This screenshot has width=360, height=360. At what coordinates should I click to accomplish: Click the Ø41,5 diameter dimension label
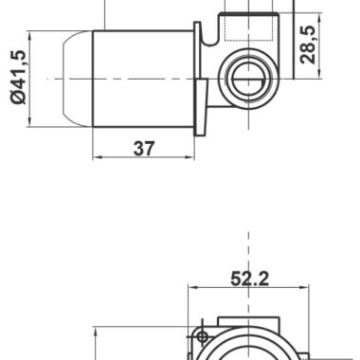pos(18,77)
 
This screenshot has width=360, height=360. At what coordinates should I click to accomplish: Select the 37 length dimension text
pos(144,149)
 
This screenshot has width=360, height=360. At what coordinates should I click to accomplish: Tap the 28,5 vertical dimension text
pos(308,45)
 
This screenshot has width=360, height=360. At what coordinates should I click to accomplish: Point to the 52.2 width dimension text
pos(249,279)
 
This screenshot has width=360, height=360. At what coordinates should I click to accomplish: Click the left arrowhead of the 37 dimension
pos(97,157)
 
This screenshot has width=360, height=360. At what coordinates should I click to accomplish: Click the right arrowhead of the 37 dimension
pos(190,157)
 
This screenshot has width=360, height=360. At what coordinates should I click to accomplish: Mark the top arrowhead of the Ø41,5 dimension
pos(29,36)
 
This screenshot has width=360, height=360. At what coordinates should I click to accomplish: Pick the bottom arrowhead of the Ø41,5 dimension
pos(29,122)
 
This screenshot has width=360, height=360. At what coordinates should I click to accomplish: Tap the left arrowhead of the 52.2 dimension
pos(192,287)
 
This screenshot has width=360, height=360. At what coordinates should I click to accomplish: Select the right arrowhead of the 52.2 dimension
pos(304,287)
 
